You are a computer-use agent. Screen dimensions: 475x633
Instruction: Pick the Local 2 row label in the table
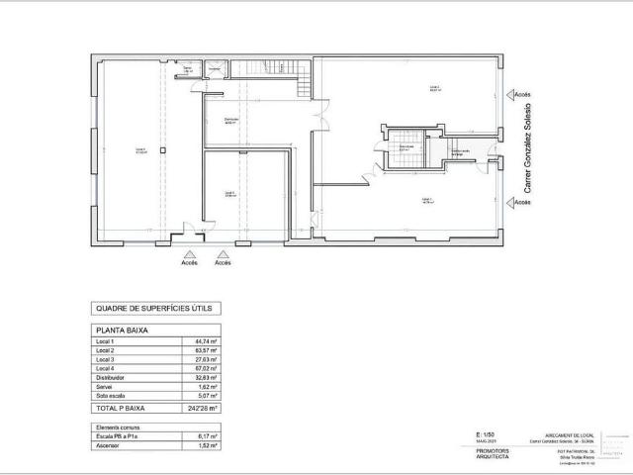click(104, 351)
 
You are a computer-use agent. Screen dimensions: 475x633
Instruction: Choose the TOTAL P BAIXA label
click(117, 408)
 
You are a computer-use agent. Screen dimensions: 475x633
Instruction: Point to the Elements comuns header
click(111, 426)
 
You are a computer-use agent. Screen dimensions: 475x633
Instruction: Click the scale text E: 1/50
click(485, 434)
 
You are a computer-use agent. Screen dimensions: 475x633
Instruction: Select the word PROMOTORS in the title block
click(482, 449)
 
